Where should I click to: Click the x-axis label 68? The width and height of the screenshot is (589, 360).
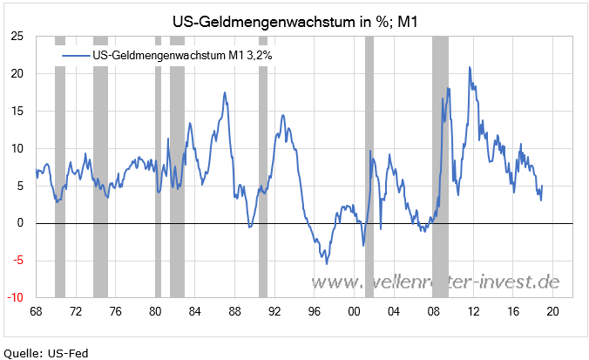pyautogui.click(x=36, y=311)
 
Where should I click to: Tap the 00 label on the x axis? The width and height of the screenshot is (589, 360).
pyautogui.click(x=354, y=311)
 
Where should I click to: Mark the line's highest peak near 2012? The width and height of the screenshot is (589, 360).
pyautogui.click(x=470, y=67)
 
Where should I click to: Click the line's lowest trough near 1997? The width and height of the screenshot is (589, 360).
pyautogui.click(x=327, y=263)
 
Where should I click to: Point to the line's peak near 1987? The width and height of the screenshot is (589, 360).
pyautogui.click(x=225, y=92)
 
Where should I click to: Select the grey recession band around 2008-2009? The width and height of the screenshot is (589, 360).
pyautogui.click(x=440, y=166)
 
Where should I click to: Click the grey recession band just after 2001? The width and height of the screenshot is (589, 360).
pyautogui.click(x=369, y=166)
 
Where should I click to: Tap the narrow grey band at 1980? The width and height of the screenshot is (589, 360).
pyautogui.click(x=158, y=166)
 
